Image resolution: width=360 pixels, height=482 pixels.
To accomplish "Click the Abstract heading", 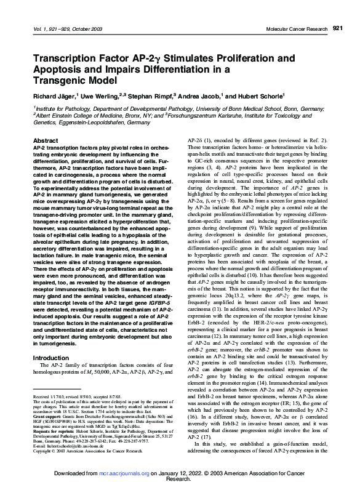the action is pyautogui.click(x=36, y=141).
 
